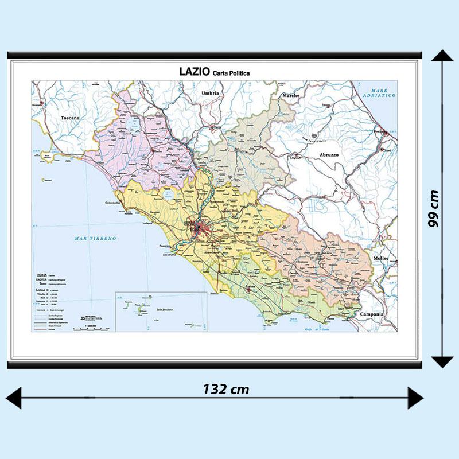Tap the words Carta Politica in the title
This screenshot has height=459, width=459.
(231, 73)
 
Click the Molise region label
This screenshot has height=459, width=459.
(381, 259)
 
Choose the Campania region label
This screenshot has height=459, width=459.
(372, 314)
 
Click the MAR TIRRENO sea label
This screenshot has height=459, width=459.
(96, 238)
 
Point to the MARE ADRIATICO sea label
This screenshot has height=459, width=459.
(383, 93)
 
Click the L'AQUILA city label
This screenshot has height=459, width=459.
(295, 156)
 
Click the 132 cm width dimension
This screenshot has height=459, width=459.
(226, 389)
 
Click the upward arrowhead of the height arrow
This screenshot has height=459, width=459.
(442, 56)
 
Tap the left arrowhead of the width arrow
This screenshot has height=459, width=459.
(14, 398)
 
